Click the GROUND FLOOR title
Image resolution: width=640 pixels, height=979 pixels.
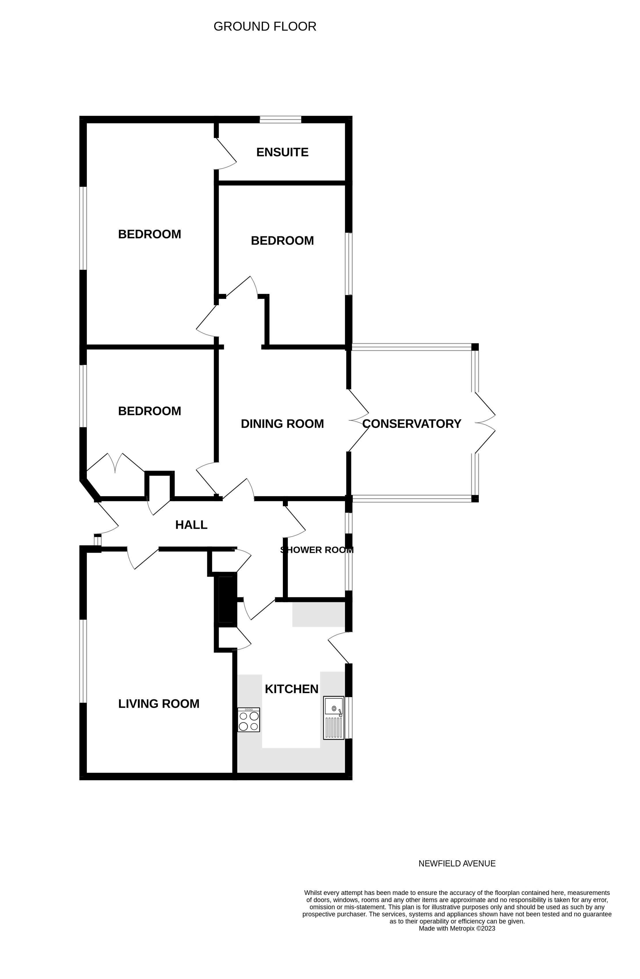click(265, 26)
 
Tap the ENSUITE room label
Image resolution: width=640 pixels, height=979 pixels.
click(282, 152)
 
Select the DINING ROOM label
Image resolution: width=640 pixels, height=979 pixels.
click(282, 424)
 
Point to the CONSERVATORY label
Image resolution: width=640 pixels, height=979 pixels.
click(411, 424)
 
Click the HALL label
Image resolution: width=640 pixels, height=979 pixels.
click(191, 525)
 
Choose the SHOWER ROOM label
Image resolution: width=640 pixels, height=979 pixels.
click(317, 550)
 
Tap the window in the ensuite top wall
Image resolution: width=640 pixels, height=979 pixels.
click(280, 120)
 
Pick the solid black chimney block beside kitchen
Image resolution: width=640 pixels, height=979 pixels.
click(226, 600)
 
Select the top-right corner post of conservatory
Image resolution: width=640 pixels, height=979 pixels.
click(475, 347)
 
